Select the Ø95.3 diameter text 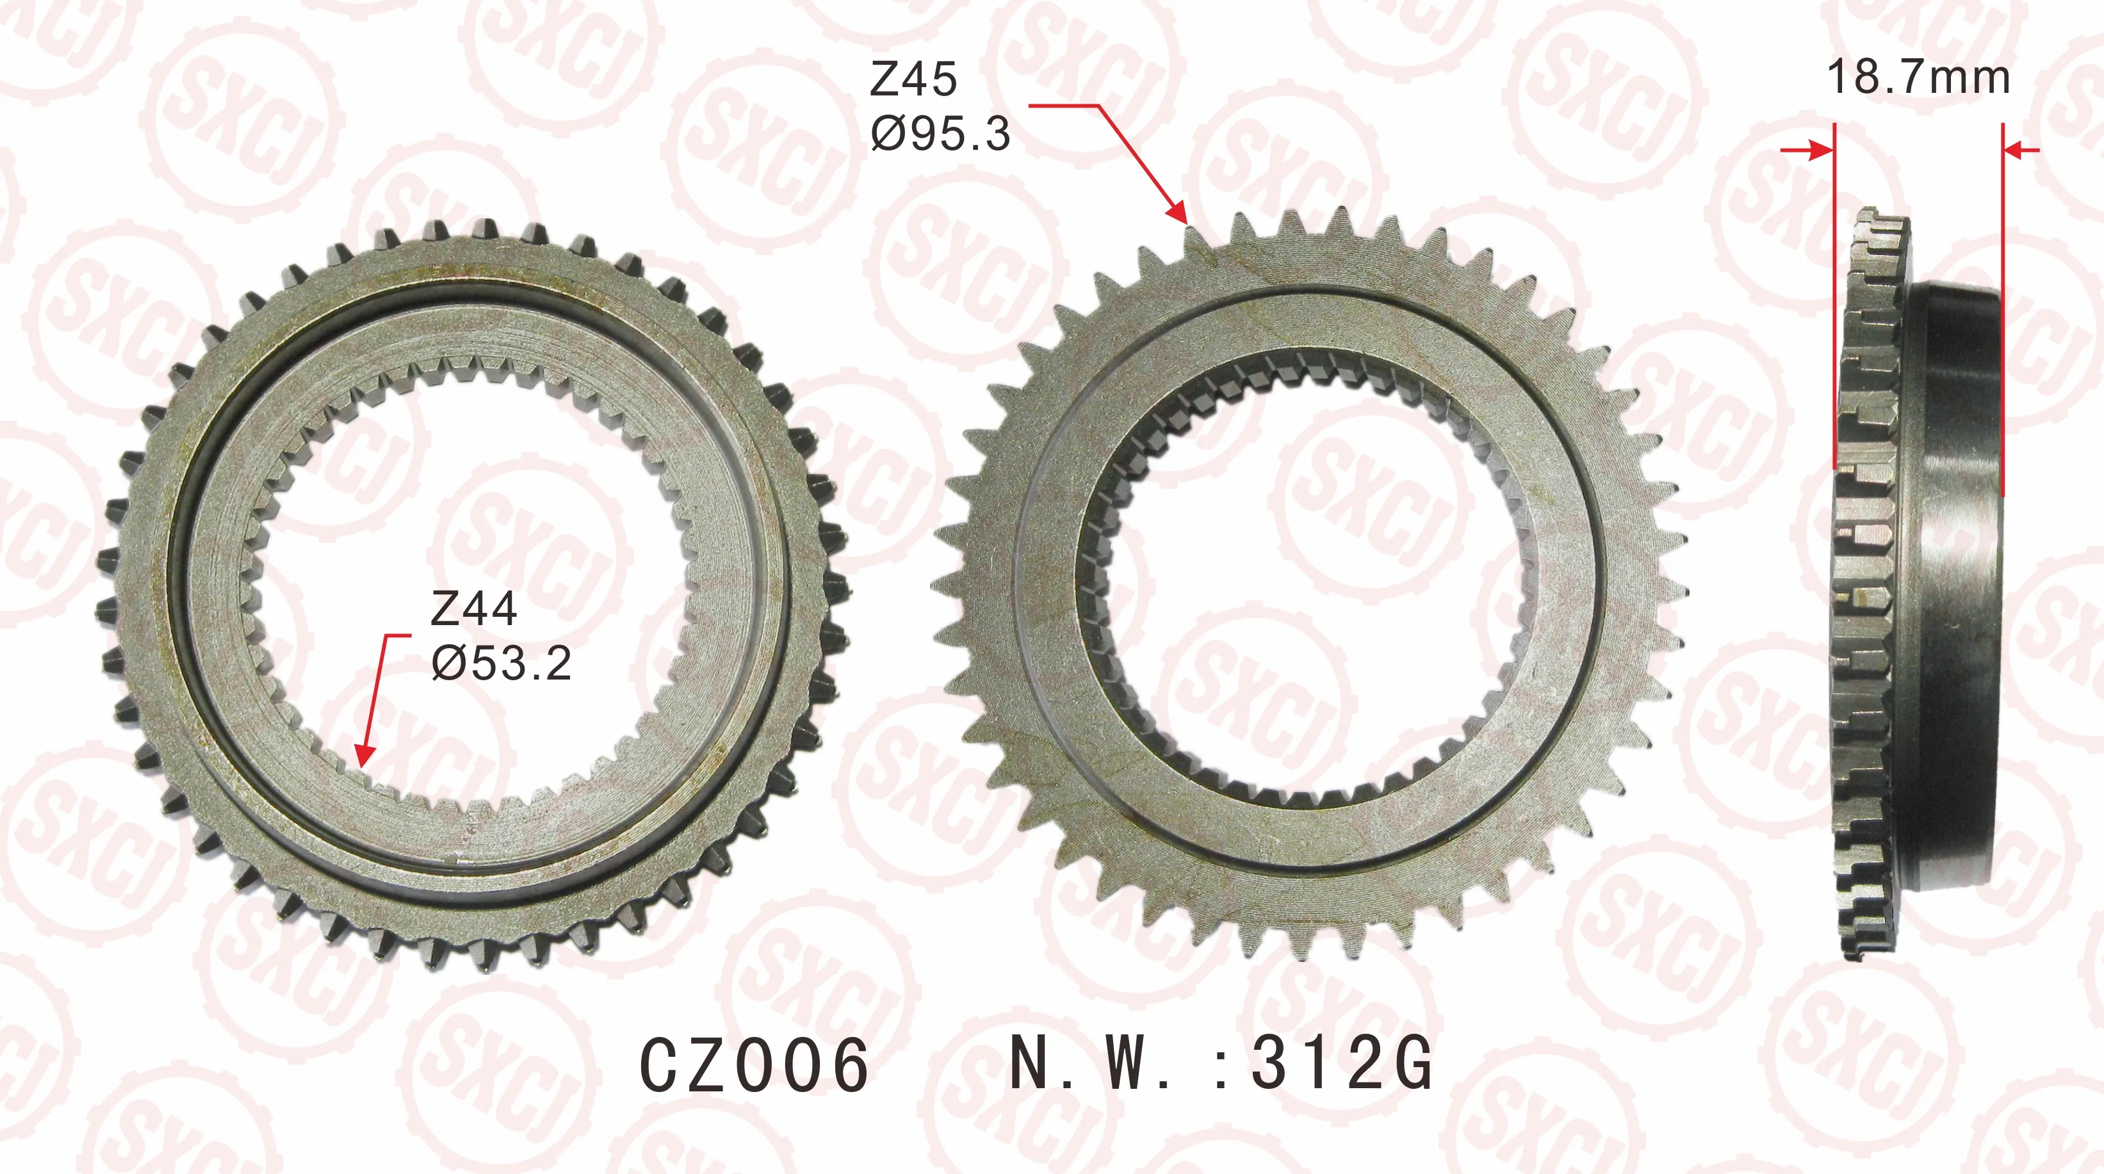[940, 134]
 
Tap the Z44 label [474, 610]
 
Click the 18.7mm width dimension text [1918, 77]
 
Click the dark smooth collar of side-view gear [1956, 588]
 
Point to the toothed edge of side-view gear [1866, 588]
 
